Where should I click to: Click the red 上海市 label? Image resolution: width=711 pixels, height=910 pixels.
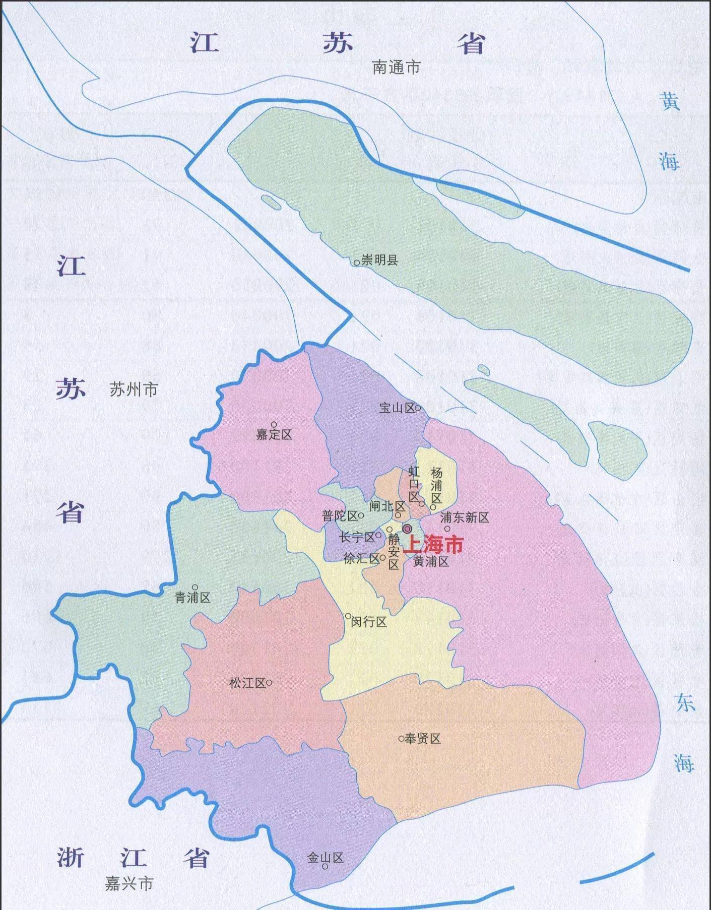[434, 545]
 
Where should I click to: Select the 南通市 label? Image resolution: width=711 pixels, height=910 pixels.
[396, 68]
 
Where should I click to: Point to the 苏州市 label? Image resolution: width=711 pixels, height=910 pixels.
[134, 389]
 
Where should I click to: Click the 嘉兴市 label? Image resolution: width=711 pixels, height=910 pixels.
[129, 884]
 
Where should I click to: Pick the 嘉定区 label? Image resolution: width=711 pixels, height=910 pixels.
[274, 435]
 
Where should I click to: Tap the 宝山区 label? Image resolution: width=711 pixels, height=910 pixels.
[397, 408]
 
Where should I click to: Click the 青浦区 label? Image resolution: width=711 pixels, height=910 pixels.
[192, 598]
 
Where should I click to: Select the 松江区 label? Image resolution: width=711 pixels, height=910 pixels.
[247, 683]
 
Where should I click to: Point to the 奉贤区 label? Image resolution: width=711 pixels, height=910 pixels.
[423, 739]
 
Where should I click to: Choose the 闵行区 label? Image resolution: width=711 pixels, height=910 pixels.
[369, 622]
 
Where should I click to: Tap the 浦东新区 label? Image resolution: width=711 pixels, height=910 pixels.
[465, 517]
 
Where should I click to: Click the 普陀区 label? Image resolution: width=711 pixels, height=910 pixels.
[340, 516]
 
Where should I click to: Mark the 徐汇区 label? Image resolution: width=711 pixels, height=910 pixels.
[361, 559]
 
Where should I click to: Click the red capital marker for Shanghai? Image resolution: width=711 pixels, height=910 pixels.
[407, 528]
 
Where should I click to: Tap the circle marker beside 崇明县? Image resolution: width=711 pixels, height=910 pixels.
[357, 263]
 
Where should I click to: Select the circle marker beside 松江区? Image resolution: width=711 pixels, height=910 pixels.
[269, 683]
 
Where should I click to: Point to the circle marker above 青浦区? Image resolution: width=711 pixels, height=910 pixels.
[195, 588]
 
